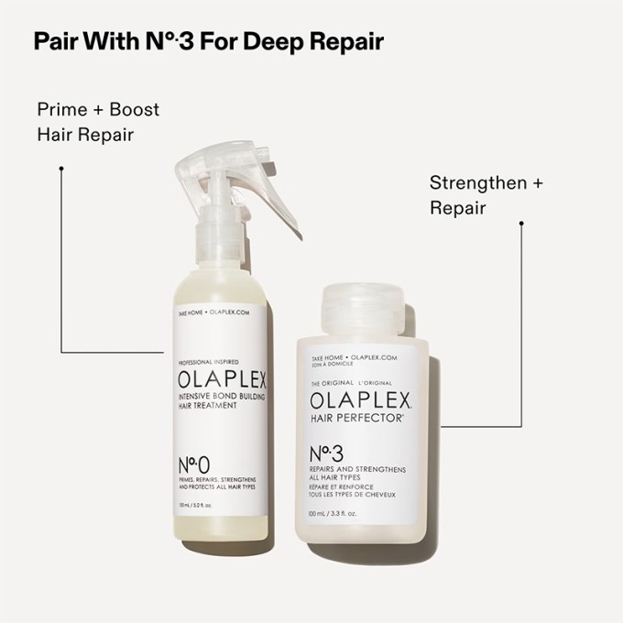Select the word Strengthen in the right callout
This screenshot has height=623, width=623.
point(478,182)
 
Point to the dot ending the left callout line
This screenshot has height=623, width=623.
point(60,169)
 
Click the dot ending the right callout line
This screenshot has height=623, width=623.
point(521,222)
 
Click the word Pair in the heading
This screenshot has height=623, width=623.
point(53,42)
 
